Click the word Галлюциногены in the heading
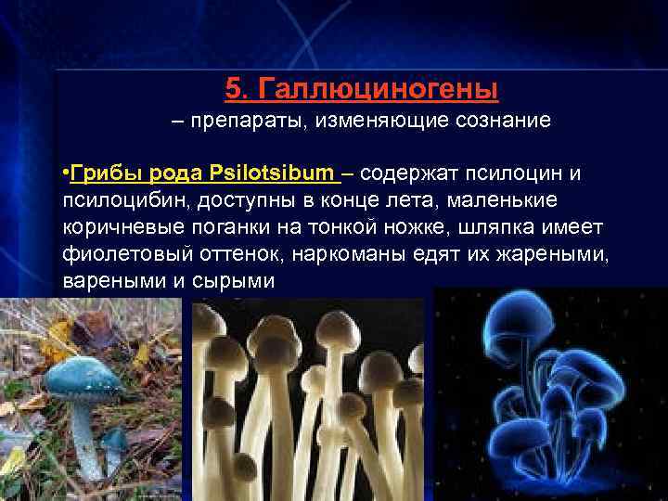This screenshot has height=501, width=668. coord(379,89)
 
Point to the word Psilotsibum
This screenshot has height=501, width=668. coord(270,174)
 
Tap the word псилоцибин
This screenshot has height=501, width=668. coord(121,201)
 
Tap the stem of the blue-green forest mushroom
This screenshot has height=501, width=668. coord(86,436)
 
